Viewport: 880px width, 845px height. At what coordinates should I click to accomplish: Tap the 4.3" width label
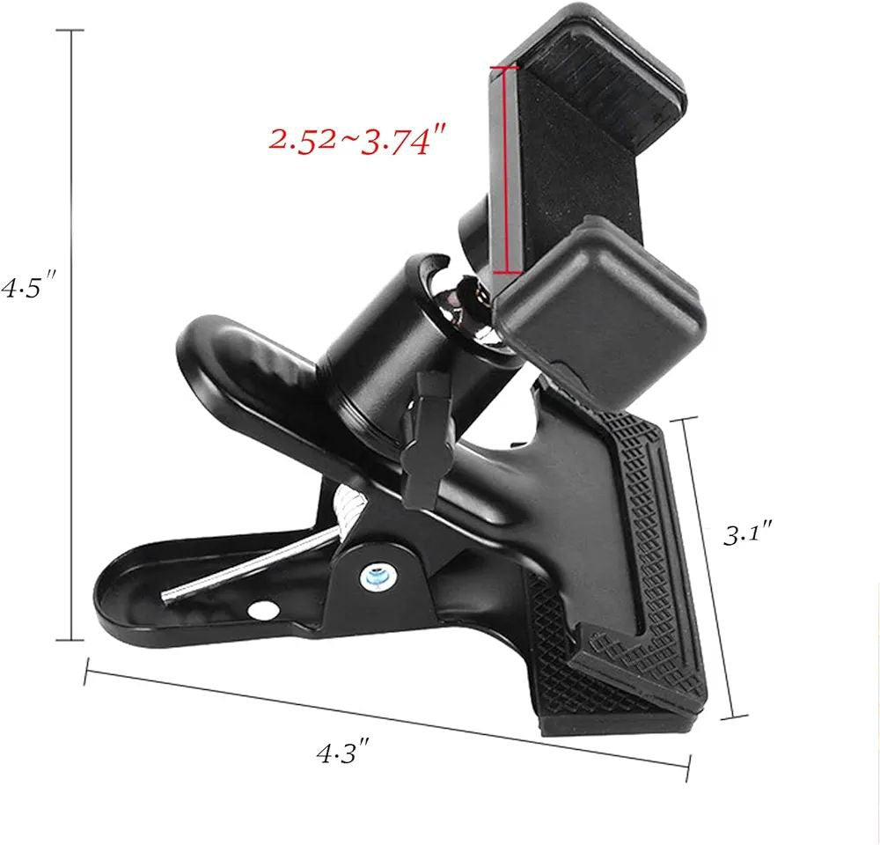coord(341,752)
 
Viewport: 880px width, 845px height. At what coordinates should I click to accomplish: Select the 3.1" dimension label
coord(749,533)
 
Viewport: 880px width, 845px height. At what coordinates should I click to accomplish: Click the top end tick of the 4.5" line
coord(70,30)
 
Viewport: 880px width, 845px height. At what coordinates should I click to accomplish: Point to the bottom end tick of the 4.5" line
coord(70,640)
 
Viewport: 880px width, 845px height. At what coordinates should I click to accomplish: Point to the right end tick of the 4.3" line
coord(687,768)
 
